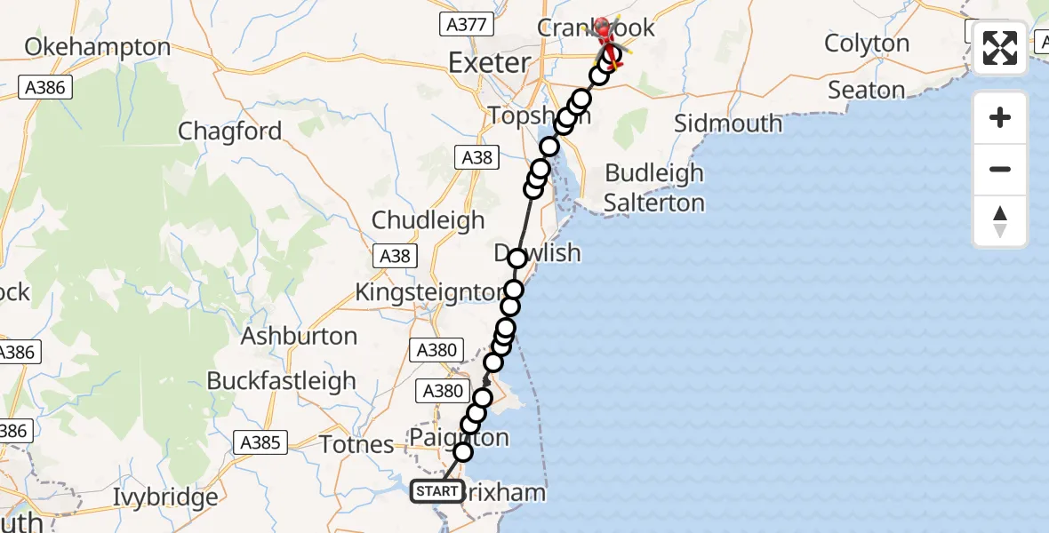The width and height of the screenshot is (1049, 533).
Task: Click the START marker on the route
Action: (x=436, y=491)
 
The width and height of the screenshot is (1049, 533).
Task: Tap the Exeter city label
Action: (x=490, y=63)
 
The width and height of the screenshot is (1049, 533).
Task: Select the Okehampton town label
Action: (x=98, y=46)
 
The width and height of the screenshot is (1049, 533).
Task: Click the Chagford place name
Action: (x=229, y=131)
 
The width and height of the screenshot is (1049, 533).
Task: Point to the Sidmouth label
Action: (x=728, y=123)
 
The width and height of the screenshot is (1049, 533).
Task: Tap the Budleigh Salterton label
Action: (x=653, y=187)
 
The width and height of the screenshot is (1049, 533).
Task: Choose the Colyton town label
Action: (x=867, y=44)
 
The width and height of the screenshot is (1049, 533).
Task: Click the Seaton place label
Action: (x=866, y=90)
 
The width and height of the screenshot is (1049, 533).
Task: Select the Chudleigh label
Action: (x=428, y=219)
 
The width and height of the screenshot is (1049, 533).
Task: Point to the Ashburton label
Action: (x=299, y=336)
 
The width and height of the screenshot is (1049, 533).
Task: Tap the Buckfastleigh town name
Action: (x=281, y=380)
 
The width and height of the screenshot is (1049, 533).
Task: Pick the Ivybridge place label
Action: (x=165, y=497)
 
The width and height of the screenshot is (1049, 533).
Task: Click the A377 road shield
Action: (x=466, y=24)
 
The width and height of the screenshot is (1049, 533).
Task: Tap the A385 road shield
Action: (x=260, y=442)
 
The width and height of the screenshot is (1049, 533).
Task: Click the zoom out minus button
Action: (x=1000, y=169)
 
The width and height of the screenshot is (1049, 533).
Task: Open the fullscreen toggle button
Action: (x=1000, y=48)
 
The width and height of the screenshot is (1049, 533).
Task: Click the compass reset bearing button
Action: (x=1000, y=221)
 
